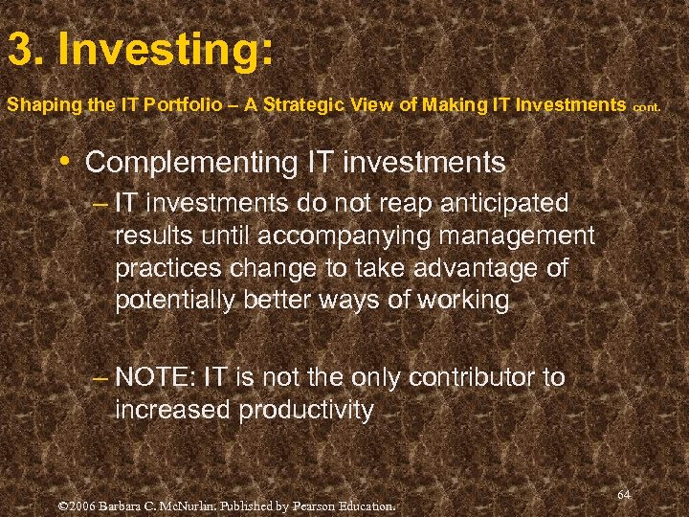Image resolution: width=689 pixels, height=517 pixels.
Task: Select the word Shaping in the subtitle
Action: (36, 105)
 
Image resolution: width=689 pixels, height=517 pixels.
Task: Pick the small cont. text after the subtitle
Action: (646, 107)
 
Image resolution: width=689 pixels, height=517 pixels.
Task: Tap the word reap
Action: (373, 203)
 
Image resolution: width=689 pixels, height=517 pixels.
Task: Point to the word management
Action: (514, 236)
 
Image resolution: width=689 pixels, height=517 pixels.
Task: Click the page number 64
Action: (623, 494)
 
